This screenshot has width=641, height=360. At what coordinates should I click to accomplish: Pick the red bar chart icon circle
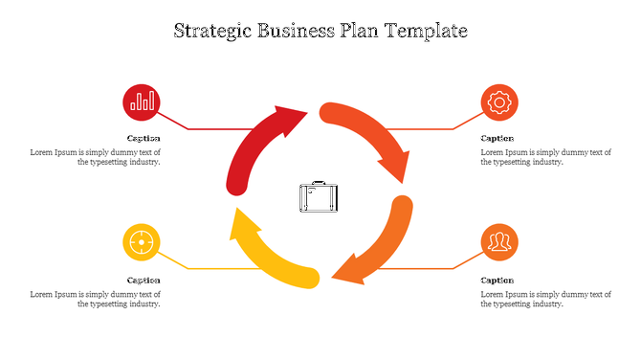point(142,101)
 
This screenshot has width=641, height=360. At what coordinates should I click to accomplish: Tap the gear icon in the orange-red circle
point(498,101)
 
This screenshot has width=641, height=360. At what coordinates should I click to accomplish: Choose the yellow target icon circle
point(142,242)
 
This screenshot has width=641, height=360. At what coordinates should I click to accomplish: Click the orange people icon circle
point(498,242)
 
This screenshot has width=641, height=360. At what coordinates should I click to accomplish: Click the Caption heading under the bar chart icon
point(144,139)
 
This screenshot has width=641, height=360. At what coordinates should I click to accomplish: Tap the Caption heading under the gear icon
point(497,139)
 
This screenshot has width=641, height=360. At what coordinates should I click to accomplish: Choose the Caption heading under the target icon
point(144,281)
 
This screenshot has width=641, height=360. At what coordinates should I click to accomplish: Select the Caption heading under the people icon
point(497,281)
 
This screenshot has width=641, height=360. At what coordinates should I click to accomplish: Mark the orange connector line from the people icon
point(421,268)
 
